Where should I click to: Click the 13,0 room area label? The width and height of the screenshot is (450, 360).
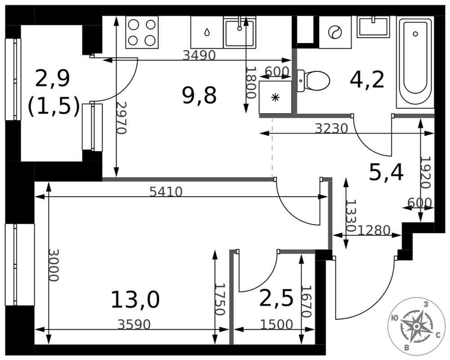135,300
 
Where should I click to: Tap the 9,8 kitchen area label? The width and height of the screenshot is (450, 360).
199,95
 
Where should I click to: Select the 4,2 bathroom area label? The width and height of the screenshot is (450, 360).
367,80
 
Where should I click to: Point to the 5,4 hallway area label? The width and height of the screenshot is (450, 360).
386,172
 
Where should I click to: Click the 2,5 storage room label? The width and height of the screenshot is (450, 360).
276,298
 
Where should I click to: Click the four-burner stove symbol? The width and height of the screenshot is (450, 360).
142,32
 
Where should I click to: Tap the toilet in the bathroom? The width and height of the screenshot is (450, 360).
313,81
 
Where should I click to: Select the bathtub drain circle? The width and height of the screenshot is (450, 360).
415,34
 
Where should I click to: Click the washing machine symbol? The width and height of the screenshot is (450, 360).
335,32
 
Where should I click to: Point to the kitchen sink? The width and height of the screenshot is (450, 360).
240,32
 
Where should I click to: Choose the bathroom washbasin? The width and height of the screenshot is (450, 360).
373,27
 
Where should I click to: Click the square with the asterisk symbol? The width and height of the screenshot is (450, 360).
275,97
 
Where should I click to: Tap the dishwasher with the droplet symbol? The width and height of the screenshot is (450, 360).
207,32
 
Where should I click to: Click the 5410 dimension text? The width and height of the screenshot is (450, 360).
166,192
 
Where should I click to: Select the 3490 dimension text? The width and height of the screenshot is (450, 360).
199,55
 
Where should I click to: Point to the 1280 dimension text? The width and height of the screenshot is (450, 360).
374,230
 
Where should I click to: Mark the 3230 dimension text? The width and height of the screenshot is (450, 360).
332,128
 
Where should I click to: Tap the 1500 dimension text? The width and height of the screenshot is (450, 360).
276,325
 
